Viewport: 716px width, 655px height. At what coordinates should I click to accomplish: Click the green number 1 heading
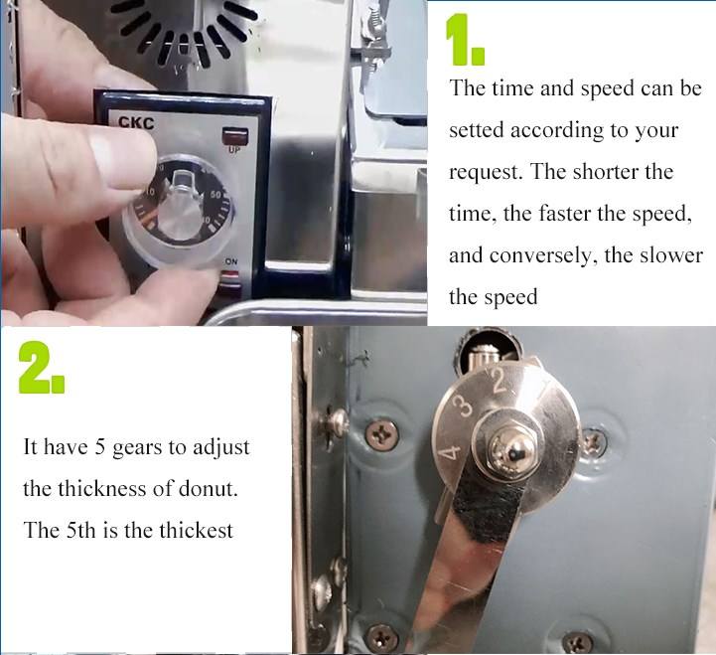pyautogui.click(x=465, y=40)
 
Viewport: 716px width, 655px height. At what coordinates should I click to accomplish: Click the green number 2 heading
pyautogui.click(x=41, y=368)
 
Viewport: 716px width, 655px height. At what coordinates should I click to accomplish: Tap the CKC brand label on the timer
pyautogui.click(x=136, y=123)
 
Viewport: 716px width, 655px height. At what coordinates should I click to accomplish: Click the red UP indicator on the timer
pyautogui.click(x=235, y=136)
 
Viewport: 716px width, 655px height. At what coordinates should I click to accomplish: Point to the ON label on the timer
pyautogui.click(x=231, y=261)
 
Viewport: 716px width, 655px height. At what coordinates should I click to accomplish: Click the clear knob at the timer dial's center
pyautogui.click(x=182, y=206)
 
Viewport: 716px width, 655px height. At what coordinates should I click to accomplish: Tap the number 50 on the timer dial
pyautogui.click(x=215, y=195)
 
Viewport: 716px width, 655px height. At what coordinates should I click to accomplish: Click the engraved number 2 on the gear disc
pyautogui.click(x=500, y=381)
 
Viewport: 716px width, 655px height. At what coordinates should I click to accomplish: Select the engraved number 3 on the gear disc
pyautogui.click(x=463, y=406)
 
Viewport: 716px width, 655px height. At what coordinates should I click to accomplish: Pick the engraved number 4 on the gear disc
pyautogui.click(x=449, y=452)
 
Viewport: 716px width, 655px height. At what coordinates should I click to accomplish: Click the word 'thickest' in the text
pyautogui.click(x=196, y=530)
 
